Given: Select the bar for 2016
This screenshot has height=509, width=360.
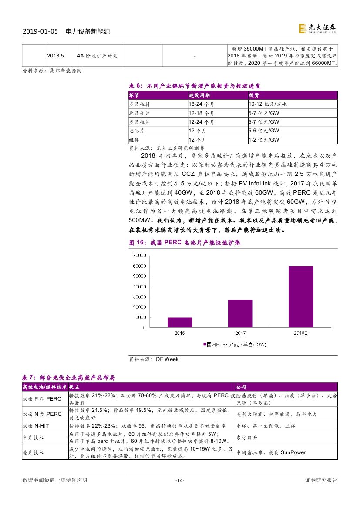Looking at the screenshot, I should tap(180, 323).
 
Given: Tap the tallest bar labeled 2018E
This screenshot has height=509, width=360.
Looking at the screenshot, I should tap(301, 297).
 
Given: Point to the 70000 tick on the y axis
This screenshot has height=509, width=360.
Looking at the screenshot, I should tap(139, 255).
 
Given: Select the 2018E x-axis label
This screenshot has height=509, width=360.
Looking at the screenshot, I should tap(300, 333).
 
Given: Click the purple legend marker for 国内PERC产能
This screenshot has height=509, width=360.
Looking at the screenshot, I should tap(204, 344).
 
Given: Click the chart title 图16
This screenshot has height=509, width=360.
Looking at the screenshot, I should tap(185, 243).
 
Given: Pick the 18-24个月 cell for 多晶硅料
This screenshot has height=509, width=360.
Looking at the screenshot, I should tap(202, 104).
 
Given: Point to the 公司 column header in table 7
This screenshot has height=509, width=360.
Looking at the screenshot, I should tap(241, 387).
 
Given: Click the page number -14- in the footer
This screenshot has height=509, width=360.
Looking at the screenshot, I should tap(180, 480).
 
